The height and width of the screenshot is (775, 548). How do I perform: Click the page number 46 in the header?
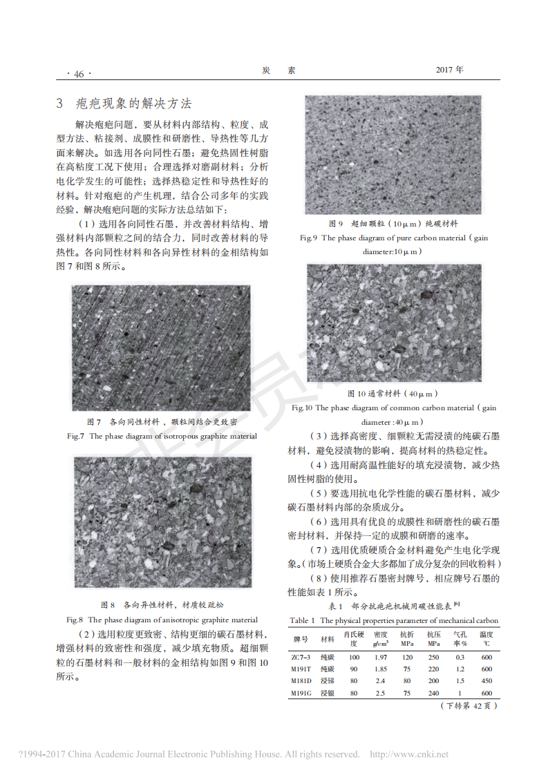tap(75, 74)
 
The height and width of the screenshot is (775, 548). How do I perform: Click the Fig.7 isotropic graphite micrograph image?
tap(160, 347)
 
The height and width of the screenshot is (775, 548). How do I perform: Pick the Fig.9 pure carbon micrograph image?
tap(393, 155)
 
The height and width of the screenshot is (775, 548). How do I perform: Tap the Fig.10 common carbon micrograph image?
tap(394, 323)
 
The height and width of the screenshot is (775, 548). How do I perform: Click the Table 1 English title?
tap(393, 620)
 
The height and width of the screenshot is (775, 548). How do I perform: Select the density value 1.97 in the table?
tap(379, 658)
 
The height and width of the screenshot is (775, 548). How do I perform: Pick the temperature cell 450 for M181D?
tap(486, 680)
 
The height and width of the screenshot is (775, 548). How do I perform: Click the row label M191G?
tap(301, 693)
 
